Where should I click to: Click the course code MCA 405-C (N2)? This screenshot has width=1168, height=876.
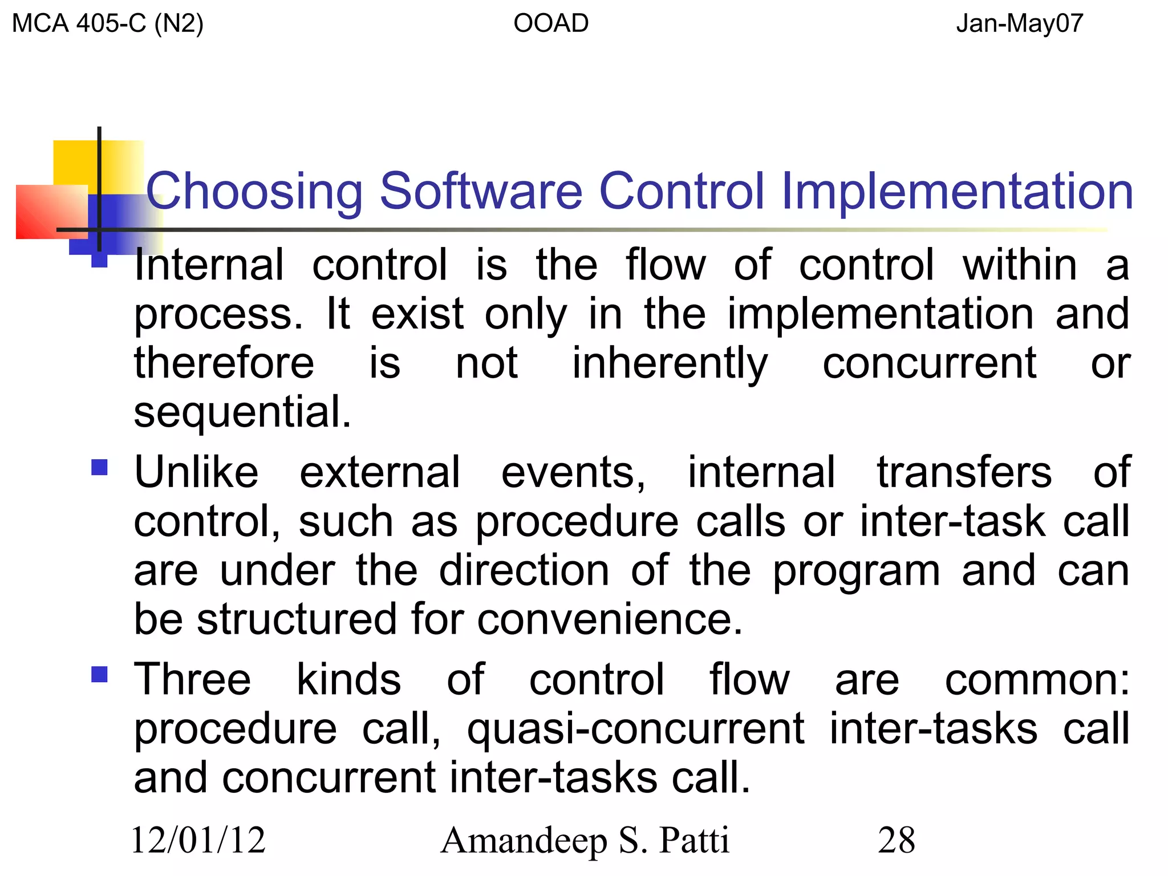108,24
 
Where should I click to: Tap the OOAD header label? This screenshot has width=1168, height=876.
551,24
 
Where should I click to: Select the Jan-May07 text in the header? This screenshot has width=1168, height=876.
1019,24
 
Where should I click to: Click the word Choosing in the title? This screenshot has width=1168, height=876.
254,192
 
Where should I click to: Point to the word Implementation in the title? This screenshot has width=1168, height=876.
957,192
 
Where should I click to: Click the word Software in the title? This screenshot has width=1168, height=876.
481,192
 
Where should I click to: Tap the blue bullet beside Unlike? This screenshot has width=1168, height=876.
99,468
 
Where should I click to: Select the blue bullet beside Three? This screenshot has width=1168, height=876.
99,675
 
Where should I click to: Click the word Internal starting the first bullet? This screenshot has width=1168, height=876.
209,265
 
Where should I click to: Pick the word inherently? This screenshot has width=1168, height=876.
670,363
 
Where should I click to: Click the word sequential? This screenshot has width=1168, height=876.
242,412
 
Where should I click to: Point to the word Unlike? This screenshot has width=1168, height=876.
196,473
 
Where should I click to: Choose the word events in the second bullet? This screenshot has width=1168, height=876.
573,473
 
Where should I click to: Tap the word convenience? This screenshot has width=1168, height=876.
610,620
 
